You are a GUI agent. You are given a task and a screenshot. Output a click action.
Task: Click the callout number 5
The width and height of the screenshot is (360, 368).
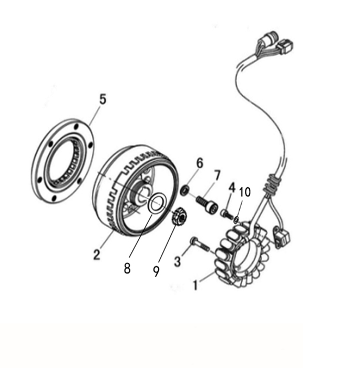[103, 99]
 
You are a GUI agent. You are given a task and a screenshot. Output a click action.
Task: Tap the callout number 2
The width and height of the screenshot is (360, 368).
[97, 254]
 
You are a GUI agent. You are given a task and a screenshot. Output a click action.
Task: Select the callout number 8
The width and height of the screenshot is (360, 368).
[127, 268]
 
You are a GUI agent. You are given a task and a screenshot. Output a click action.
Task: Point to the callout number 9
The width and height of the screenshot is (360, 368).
[156, 271]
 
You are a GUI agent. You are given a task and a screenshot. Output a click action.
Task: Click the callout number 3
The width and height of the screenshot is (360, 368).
[178, 261]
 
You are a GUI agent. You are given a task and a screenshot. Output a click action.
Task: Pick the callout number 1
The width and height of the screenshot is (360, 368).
[196, 285]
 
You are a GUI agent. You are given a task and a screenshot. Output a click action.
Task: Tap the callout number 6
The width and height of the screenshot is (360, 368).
[200, 163]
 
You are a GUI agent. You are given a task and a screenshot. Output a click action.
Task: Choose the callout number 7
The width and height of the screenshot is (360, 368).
[217, 176]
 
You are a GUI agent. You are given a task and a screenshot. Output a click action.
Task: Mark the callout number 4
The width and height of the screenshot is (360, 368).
[232, 188]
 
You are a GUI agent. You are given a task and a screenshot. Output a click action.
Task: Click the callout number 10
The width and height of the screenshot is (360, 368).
[245, 192]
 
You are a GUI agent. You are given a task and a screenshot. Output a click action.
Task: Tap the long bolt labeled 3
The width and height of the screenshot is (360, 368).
[201, 244]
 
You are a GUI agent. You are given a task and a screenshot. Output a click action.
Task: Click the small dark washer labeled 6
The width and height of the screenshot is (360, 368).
[184, 190]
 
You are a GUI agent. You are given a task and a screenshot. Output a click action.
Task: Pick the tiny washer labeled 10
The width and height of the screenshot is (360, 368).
[236, 220]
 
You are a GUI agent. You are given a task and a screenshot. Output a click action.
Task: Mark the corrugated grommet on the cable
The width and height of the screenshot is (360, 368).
[271, 185]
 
